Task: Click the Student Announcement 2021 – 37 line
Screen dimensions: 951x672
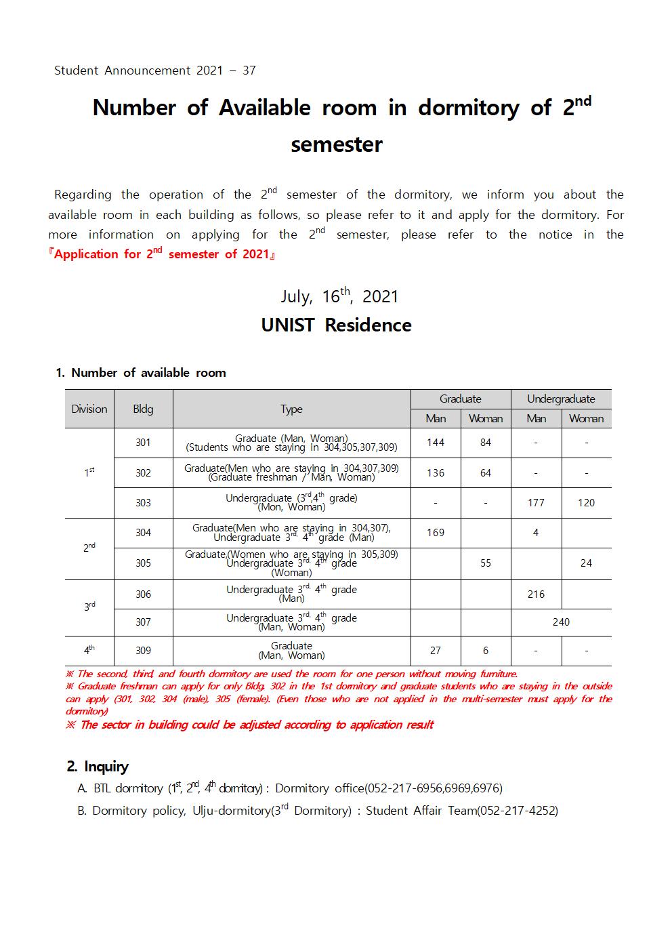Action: coord(154,70)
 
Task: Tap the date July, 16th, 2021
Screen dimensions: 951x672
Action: coord(339,297)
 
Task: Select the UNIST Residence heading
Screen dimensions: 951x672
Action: coord(336,325)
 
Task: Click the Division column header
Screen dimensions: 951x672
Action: coord(89,409)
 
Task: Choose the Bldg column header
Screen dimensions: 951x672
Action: coord(143,409)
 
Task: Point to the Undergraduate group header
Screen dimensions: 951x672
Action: coord(561,399)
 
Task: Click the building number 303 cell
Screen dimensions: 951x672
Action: coord(143,503)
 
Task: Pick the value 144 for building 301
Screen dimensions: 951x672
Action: coord(436,443)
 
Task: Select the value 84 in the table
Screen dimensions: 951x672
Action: coord(486,443)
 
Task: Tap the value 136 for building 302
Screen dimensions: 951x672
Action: coord(436,473)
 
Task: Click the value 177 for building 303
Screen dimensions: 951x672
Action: coord(536,503)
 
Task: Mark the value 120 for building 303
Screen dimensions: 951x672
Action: coord(586,503)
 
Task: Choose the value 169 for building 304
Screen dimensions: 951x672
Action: coord(436,533)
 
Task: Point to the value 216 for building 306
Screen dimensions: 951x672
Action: coord(536,594)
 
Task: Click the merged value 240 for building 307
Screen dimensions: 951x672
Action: coord(561,622)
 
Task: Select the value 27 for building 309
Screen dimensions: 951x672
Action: coord(436,651)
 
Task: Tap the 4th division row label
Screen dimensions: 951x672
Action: coord(89,651)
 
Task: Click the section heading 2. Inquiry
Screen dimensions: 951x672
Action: coord(98,767)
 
